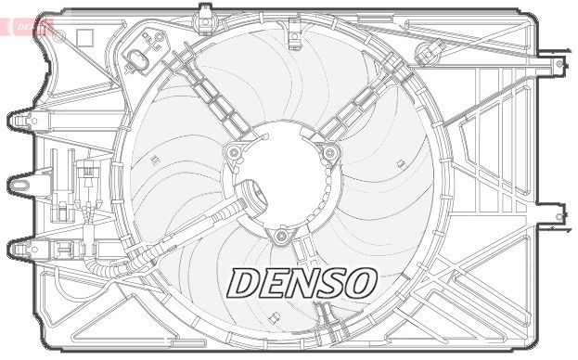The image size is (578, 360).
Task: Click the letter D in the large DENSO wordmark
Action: coord(245,283)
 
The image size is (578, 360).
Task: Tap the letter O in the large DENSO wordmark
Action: coord(357,283)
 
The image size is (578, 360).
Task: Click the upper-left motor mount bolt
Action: coord(234,152)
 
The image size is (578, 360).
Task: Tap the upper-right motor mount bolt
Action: coord(329,153)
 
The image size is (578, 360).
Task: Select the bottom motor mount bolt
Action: coord(280,236)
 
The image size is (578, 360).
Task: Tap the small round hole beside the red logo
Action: coord(59,34)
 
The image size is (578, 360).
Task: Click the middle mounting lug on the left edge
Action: coord(20,184)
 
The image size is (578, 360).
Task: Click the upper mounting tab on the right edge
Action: coord(557,65)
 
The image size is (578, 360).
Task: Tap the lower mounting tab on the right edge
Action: coord(558,216)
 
